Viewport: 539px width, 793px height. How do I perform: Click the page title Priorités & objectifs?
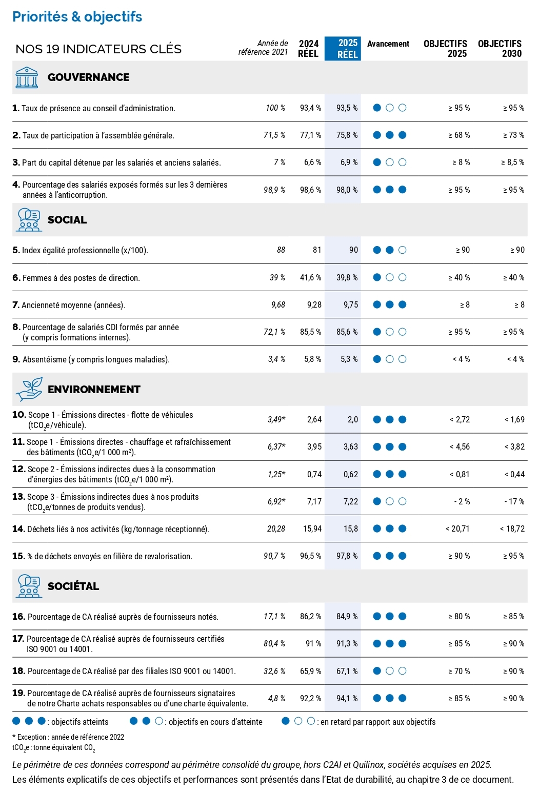pos(77,17)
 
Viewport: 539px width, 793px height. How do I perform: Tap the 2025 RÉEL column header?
pos(347,49)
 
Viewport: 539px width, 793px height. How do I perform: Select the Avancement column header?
pos(388,44)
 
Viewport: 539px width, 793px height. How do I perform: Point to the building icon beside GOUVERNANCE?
pos(27,77)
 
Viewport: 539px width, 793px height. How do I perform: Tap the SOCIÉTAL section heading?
pos(73,586)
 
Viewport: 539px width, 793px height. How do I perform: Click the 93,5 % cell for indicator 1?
pos(347,108)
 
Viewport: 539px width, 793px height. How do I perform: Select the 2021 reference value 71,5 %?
pos(274,135)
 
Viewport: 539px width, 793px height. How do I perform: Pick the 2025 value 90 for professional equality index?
pos(353,250)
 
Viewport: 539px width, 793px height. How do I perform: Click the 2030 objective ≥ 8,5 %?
pos(512,162)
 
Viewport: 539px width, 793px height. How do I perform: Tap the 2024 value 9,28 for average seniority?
pos(314,305)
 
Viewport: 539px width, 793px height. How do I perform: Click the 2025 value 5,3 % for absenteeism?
pos(349,359)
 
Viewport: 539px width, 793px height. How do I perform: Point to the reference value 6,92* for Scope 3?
pos(276,502)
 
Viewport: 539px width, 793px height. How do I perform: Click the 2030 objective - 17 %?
pos(514,502)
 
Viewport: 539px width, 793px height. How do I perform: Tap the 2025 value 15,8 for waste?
pos(350,529)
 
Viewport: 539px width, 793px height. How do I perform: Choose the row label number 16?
pos(18,617)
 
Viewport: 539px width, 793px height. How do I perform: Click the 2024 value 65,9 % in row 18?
pos(310,671)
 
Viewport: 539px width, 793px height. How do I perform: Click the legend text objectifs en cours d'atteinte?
pos(215,722)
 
